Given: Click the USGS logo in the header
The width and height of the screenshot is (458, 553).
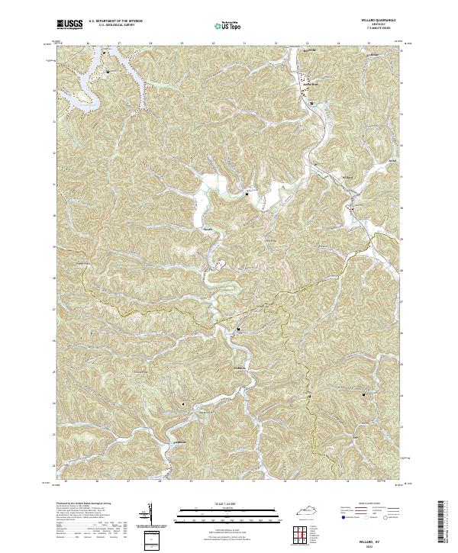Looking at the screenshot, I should pyautogui.click(x=70, y=24).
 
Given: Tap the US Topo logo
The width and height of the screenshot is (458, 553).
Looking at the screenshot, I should pyautogui.click(x=228, y=25).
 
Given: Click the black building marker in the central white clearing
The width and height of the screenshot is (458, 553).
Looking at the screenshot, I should pyautogui.click(x=247, y=194).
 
